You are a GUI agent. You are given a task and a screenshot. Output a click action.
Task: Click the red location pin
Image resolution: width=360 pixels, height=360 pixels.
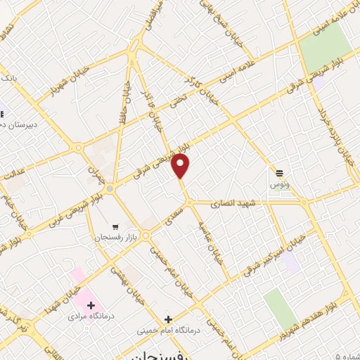[181, 166]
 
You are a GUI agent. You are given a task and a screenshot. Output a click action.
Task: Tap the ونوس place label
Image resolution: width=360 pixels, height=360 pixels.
[280, 184]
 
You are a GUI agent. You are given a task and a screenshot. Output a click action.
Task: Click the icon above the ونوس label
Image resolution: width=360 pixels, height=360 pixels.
[280, 172]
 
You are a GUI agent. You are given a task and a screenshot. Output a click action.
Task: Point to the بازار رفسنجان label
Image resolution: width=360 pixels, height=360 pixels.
[115, 238]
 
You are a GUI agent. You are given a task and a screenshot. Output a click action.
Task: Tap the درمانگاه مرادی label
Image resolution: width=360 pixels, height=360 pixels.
[86, 316]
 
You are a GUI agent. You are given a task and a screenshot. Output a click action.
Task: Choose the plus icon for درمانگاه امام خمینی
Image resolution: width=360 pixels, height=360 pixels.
[167, 319]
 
